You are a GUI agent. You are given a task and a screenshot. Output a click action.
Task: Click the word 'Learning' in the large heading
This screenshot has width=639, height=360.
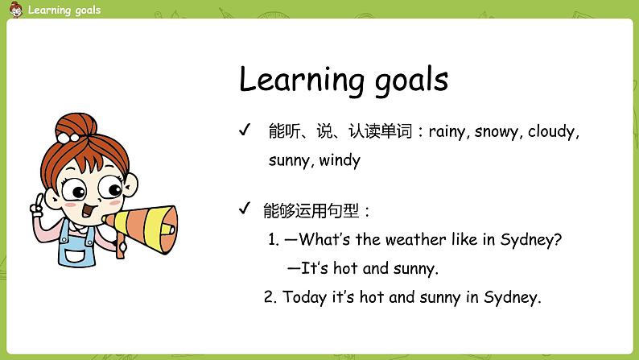point(302,81)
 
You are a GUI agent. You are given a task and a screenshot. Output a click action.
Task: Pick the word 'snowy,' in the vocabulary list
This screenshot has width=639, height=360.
point(498,131)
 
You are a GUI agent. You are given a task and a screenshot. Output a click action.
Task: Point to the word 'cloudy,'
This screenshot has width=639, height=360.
point(554,131)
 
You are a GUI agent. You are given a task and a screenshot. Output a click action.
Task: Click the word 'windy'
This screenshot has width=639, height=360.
point(340,159)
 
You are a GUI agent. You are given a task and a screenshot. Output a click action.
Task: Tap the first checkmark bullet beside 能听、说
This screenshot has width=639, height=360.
point(245,130)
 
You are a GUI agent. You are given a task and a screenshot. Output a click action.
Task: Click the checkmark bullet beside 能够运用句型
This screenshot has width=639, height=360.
point(245,209)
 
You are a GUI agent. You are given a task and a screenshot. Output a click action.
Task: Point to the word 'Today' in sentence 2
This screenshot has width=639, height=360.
point(304,297)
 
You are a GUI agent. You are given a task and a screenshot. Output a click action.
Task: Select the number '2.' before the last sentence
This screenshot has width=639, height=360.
point(270,297)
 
